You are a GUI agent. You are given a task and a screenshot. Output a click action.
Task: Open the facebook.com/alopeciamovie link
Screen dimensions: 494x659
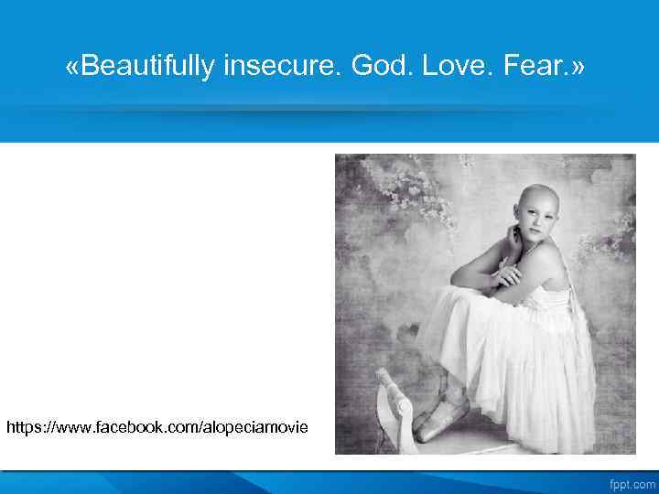(x=157, y=427)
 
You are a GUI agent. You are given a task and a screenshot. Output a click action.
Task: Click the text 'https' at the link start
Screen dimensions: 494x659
(x=24, y=427)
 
